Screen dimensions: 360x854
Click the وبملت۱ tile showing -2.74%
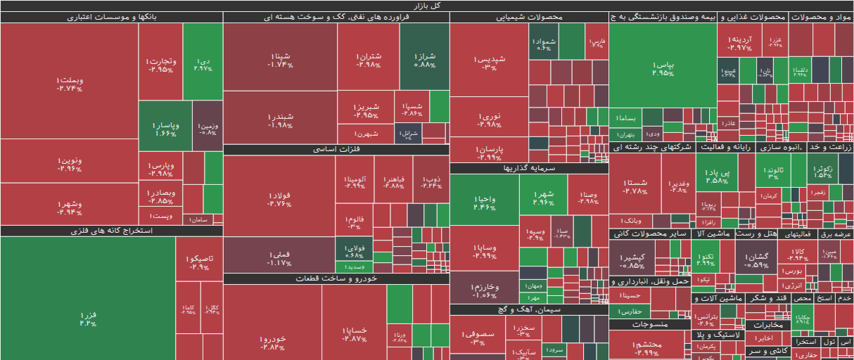[x=70, y=84]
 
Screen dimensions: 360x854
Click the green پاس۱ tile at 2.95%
[x=663, y=68]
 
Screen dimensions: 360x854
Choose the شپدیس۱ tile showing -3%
[x=488, y=63]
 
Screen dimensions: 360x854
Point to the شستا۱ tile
[x=635, y=186]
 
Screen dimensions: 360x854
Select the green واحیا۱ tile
[x=484, y=202]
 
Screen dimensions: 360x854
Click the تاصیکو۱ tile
[x=199, y=262]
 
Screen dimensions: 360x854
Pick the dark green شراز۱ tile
[x=424, y=59]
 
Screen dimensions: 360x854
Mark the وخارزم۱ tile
[x=484, y=290]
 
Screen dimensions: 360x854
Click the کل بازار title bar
[x=427, y=6]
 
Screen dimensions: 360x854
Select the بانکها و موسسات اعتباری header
[x=112, y=17]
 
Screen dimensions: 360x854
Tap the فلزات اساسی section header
[x=336, y=150]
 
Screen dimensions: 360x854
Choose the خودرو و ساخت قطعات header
[x=336, y=279]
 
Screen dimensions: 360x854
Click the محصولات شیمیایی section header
[x=528, y=17]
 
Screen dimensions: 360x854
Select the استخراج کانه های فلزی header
[x=112, y=231]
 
